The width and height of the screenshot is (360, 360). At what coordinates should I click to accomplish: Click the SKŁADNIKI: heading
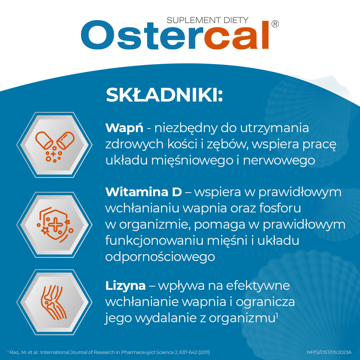tap(165, 95)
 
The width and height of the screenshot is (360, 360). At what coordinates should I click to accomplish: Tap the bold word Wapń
tap(124, 128)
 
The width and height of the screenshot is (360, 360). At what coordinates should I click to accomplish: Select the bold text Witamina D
tap(144, 192)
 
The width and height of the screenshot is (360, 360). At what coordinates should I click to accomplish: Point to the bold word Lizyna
tap(126, 285)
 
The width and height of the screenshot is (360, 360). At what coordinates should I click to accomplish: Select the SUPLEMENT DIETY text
tap(207, 21)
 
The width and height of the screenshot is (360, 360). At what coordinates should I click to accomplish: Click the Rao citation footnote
tap(108, 352)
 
